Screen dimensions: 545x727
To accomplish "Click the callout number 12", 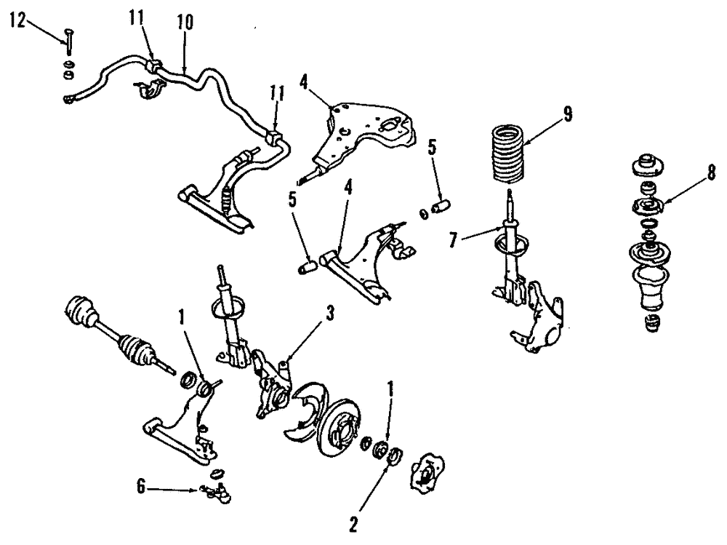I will pos(17,20).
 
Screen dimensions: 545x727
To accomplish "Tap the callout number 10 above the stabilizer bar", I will pos(185,22).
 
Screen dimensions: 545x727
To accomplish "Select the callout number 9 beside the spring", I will pos(567,114).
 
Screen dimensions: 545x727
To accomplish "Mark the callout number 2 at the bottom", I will pos(354,522).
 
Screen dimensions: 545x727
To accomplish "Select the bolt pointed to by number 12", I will pos(67,41).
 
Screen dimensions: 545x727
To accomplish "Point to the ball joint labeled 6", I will pos(218,493).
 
